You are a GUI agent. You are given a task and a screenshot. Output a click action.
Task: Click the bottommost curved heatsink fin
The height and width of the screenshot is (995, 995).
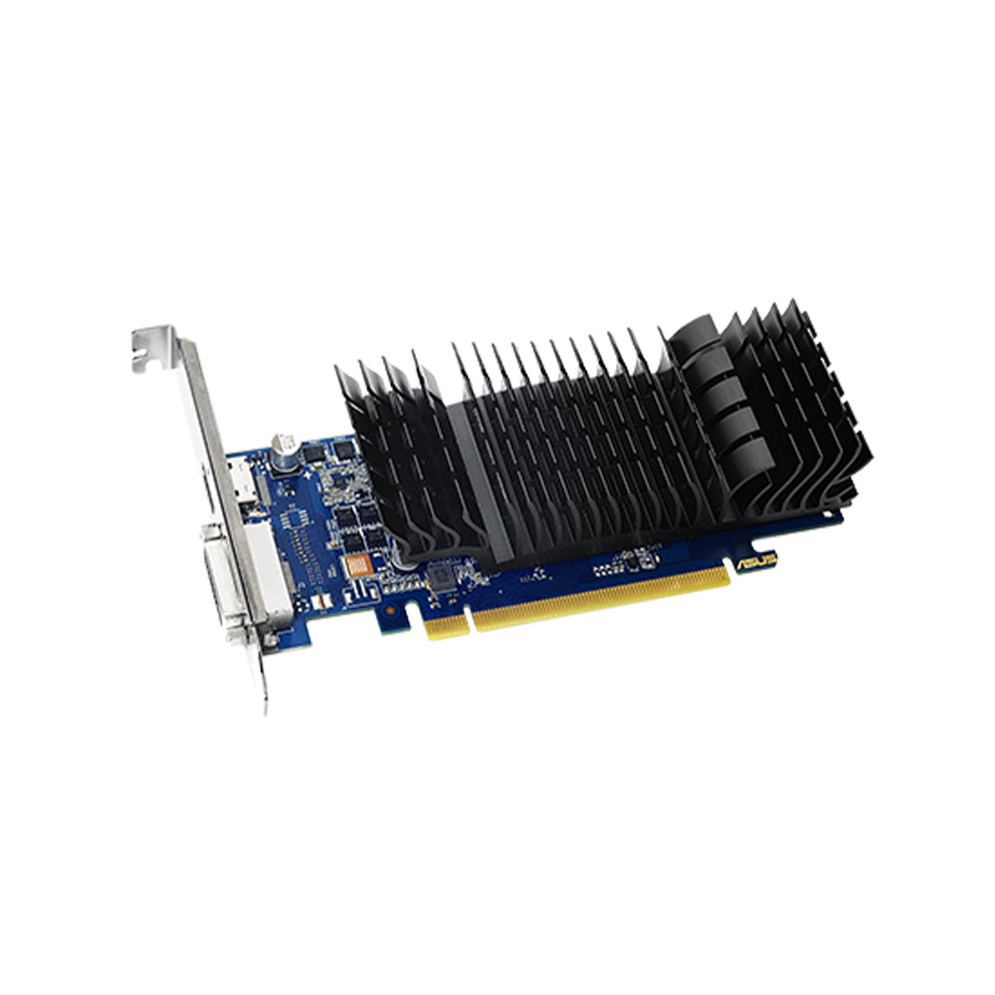(x=741, y=476)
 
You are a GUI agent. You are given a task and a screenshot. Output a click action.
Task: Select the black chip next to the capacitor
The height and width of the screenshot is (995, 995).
(x=312, y=453)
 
